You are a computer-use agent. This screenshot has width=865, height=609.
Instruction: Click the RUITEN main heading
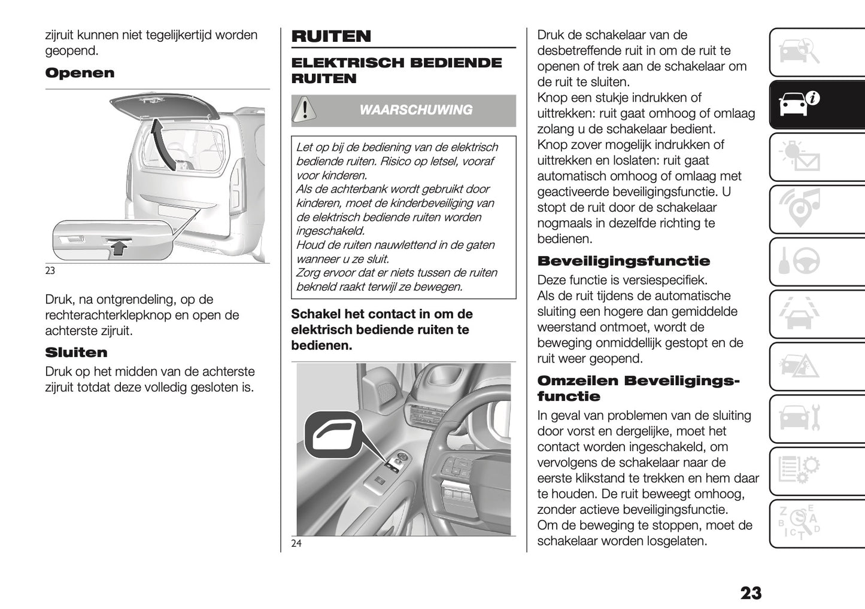331,36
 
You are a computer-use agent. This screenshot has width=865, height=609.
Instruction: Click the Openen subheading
80,74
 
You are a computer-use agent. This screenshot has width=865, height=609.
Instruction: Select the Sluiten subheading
76,352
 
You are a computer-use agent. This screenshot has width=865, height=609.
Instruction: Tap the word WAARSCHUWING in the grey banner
415,110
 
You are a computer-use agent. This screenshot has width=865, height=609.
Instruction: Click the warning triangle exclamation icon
305,110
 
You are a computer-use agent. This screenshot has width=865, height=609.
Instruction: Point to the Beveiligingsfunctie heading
623,261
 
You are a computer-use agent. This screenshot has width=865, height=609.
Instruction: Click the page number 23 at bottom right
751,593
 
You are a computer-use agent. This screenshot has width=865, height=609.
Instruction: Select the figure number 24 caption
296,543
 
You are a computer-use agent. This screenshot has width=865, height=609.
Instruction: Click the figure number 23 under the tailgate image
50,270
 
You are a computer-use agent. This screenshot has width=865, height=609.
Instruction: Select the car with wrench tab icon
799,418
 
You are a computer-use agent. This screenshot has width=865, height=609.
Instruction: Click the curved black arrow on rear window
163,144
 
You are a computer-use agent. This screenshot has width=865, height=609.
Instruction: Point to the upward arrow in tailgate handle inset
121,246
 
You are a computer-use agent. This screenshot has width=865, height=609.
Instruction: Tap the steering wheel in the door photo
473,455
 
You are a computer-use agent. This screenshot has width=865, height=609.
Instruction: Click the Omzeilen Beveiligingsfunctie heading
638,388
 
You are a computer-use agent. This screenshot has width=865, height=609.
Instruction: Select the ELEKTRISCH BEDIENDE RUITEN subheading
396,71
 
